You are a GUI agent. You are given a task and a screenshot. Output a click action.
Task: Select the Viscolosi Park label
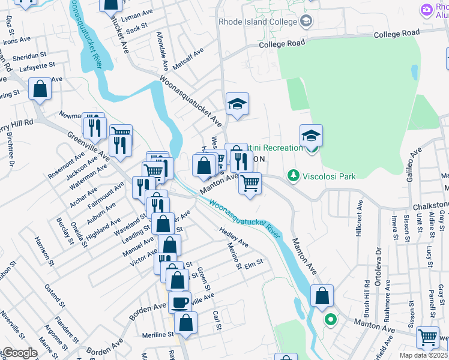pyautogui.click(x=330, y=176)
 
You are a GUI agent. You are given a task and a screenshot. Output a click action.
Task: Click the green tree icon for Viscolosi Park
pyautogui.click(x=294, y=176)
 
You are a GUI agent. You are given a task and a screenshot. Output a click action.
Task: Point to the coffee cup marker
pyautogui.click(x=179, y=302)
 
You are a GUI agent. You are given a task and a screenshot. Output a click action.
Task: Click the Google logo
pyautogui.click(x=20, y=353)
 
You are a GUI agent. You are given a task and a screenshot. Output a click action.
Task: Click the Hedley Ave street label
pyautogui.click(x=234, y=237)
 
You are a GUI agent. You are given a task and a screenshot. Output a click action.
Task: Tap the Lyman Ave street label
pyautogui.click(x=136, y=15)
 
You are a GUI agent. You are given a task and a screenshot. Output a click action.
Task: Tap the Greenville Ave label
pyautogui.click(x=88, y=146)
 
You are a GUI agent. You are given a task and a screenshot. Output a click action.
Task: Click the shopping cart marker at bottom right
pyautogui.click(x=427, y=337)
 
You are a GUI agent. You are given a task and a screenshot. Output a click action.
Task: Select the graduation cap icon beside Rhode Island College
pyautogui.click(x=306, y=22)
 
